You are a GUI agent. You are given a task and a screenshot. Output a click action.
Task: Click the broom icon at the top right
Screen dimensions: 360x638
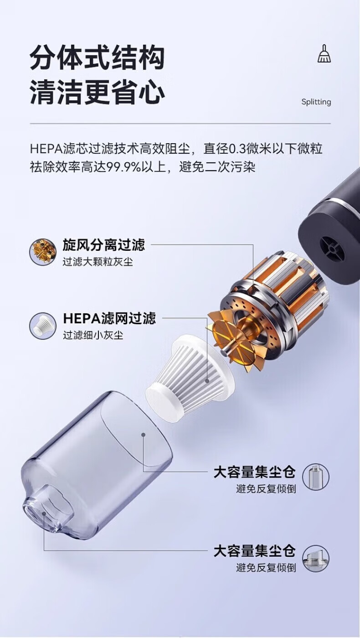324,53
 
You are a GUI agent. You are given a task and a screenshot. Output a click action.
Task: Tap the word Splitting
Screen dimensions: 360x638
316,102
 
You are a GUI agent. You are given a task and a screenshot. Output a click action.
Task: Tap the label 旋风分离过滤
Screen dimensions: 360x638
103,245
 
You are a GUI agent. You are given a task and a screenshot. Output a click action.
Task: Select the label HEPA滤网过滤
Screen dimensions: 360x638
109,318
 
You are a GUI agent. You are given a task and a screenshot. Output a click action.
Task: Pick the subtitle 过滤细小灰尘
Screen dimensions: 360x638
93,335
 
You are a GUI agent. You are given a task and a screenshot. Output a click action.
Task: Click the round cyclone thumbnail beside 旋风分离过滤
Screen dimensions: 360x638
43,252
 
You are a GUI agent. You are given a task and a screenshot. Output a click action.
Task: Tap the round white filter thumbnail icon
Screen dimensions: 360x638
43,325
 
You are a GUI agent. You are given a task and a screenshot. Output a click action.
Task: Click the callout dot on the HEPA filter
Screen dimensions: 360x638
207,380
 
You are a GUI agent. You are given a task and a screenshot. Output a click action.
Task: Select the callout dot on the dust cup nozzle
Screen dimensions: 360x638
44,513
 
